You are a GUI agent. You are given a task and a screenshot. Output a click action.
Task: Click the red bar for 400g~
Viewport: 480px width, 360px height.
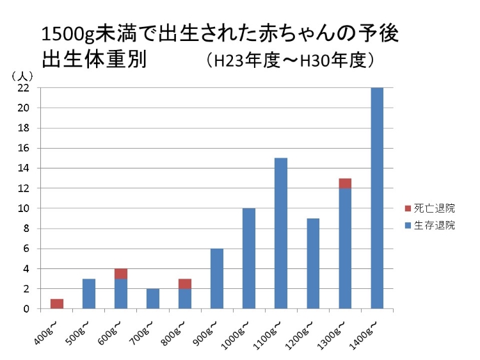[x=57, y=304]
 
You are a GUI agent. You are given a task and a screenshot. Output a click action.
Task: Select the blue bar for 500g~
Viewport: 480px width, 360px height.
[x=89, y=293]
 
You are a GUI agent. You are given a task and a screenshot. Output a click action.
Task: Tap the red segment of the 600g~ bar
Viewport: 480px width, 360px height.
[x=121, y=274]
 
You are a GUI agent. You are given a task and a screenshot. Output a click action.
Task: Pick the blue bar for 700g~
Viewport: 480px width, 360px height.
[x=153, y=299]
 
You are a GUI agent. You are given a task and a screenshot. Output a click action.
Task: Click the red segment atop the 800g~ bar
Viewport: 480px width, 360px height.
[x=185, y=284]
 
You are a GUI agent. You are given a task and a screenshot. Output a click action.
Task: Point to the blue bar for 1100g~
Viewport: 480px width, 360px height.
[x=281, y=233]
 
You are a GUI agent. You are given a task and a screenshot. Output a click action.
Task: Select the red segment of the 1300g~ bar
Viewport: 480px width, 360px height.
[x=345, y=183]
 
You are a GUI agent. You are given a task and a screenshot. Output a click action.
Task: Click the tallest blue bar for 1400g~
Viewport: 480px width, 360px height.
[x=377, y=198]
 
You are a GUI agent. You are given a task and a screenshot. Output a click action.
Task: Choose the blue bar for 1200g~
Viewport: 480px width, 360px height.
[x=313, y=263]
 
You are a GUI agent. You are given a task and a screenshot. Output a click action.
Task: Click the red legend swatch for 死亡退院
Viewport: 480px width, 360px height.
[x=410, y=209]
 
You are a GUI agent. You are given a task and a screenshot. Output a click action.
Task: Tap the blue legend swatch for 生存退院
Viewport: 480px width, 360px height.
[x=410, y=225]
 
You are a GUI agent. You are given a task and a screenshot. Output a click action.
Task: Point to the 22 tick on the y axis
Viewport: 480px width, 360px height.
[x=24, y=88]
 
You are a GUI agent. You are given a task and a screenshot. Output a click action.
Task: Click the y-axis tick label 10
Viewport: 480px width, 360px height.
[x=24, y=209]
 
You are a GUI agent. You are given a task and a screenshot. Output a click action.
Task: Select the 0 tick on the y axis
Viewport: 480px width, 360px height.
[x=26, y=309]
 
